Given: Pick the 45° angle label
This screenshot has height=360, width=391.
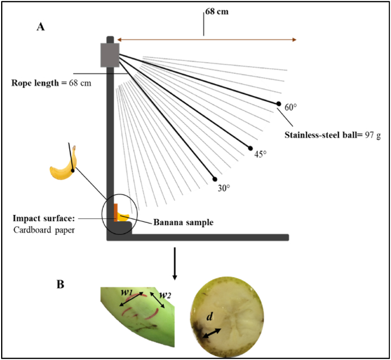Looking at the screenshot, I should coord(259,154).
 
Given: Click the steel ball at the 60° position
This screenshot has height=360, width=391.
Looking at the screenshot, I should coord(278,104).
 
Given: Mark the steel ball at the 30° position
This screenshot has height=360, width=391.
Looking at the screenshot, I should coord(214,178).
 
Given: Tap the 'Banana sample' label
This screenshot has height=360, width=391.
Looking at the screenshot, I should coord(183,222).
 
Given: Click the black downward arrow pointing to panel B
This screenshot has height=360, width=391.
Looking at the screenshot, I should coord(174,265).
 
